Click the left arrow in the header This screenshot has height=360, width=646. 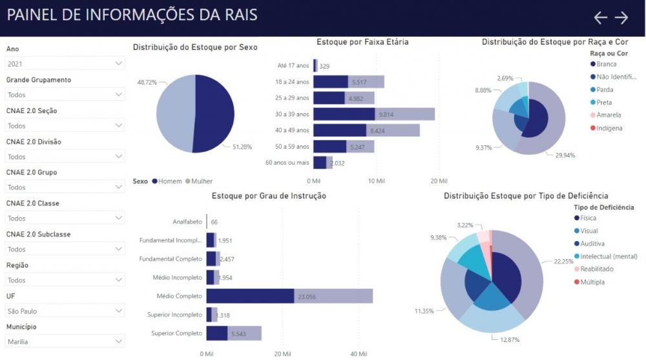(601, 18)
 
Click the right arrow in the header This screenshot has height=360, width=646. (621, 18)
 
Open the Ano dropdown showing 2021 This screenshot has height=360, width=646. (65, 63)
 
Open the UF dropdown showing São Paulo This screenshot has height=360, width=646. (65, 311)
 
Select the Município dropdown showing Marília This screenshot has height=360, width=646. (65, 341)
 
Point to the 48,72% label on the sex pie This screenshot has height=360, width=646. (147, 82)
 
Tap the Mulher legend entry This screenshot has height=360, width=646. (201, 182)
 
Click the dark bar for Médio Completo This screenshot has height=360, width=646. (250, 296)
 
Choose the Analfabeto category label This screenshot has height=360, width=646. (187, 222)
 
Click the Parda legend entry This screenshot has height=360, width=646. (605, 90)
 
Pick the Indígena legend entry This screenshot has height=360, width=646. (609, 128)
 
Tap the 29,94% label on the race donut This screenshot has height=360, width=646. (565, 155)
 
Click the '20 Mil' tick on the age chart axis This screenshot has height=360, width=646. (438, 181)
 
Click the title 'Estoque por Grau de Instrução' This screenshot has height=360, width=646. (269, 196)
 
